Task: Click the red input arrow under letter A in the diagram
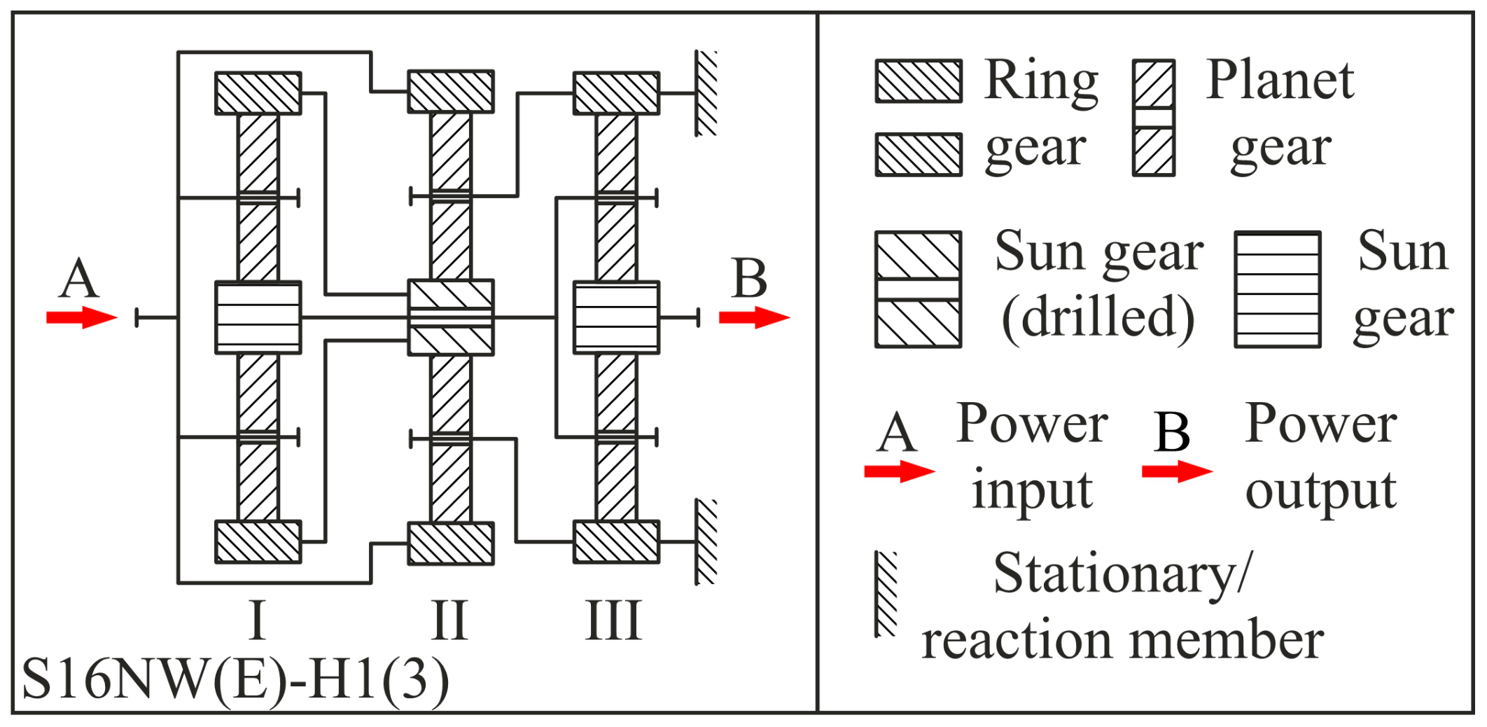coord(81,318)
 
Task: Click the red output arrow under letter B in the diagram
coord(754,318)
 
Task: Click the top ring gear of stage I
coord(258,93)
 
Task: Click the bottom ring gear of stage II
coord(451,543)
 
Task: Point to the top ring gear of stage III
coord(616,93)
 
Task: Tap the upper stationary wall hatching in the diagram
coord(706,93)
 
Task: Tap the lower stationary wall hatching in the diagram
coord(706,542)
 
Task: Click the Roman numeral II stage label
coord(449,621)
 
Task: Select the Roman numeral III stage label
coord(613,621)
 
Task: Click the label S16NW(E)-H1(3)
coord(235,679)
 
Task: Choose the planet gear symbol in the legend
coord(1153,118)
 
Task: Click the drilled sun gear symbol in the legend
coord(918,289)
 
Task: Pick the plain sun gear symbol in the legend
coord(1278,289)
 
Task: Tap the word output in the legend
coord(1320,490)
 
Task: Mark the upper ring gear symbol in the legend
coord(919,81)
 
